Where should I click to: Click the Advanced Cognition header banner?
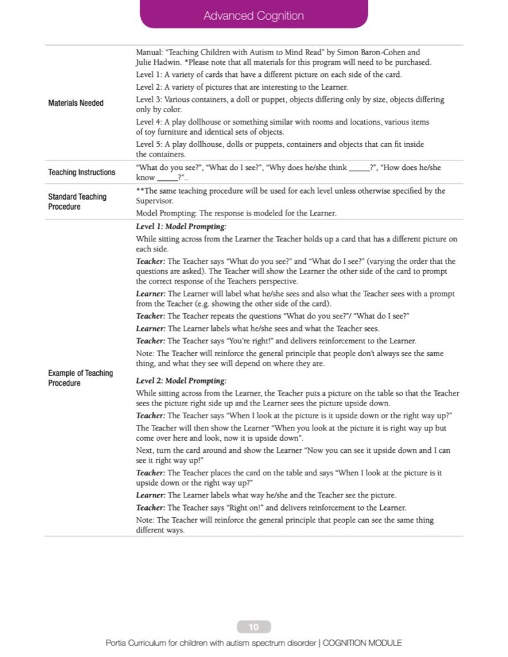tap(254, 15)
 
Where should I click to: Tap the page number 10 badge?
tap(254, 627)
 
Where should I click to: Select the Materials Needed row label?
tap(76, 103)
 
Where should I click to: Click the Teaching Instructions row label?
tap(82, 173)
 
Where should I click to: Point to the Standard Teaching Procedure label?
tap(77, 201)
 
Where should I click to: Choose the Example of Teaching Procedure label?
tap(80, 378)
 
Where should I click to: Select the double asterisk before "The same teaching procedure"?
tap(140, 191)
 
